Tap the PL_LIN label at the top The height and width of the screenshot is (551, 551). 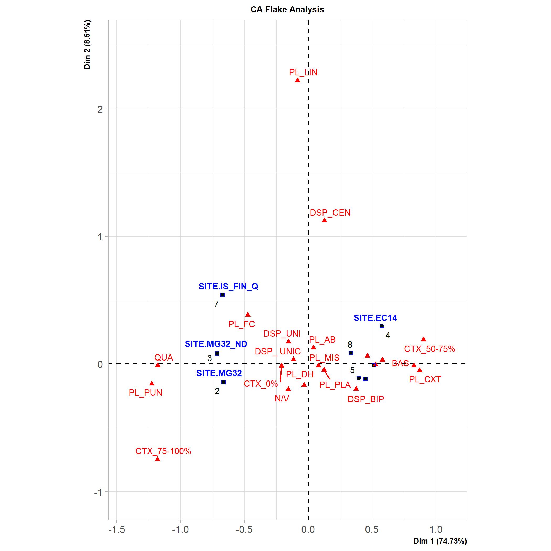click(303, 72)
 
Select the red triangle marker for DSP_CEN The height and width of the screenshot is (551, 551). click(324, 220)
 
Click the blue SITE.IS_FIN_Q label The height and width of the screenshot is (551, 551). click(229, 286)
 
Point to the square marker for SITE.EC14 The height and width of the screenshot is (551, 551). click(382, 326)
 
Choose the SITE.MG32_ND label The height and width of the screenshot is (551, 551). click(216, 344)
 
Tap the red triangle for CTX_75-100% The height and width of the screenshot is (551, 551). click(157, 459)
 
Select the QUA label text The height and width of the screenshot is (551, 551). click(164, 357)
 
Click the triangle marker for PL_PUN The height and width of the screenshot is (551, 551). click(152, 383)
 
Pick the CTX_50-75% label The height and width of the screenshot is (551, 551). click(430, 349)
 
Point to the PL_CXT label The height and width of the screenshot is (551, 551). click(425, 379)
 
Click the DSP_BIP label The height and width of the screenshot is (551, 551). click(365, 399)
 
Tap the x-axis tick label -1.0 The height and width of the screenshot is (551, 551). click(180, 529)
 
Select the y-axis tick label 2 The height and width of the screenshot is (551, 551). click(100, 109)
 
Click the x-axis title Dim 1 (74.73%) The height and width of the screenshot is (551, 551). click(440, 541)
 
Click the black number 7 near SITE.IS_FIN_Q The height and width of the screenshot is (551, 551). click(216, 304)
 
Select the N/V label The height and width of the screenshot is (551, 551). click(282, 398)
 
